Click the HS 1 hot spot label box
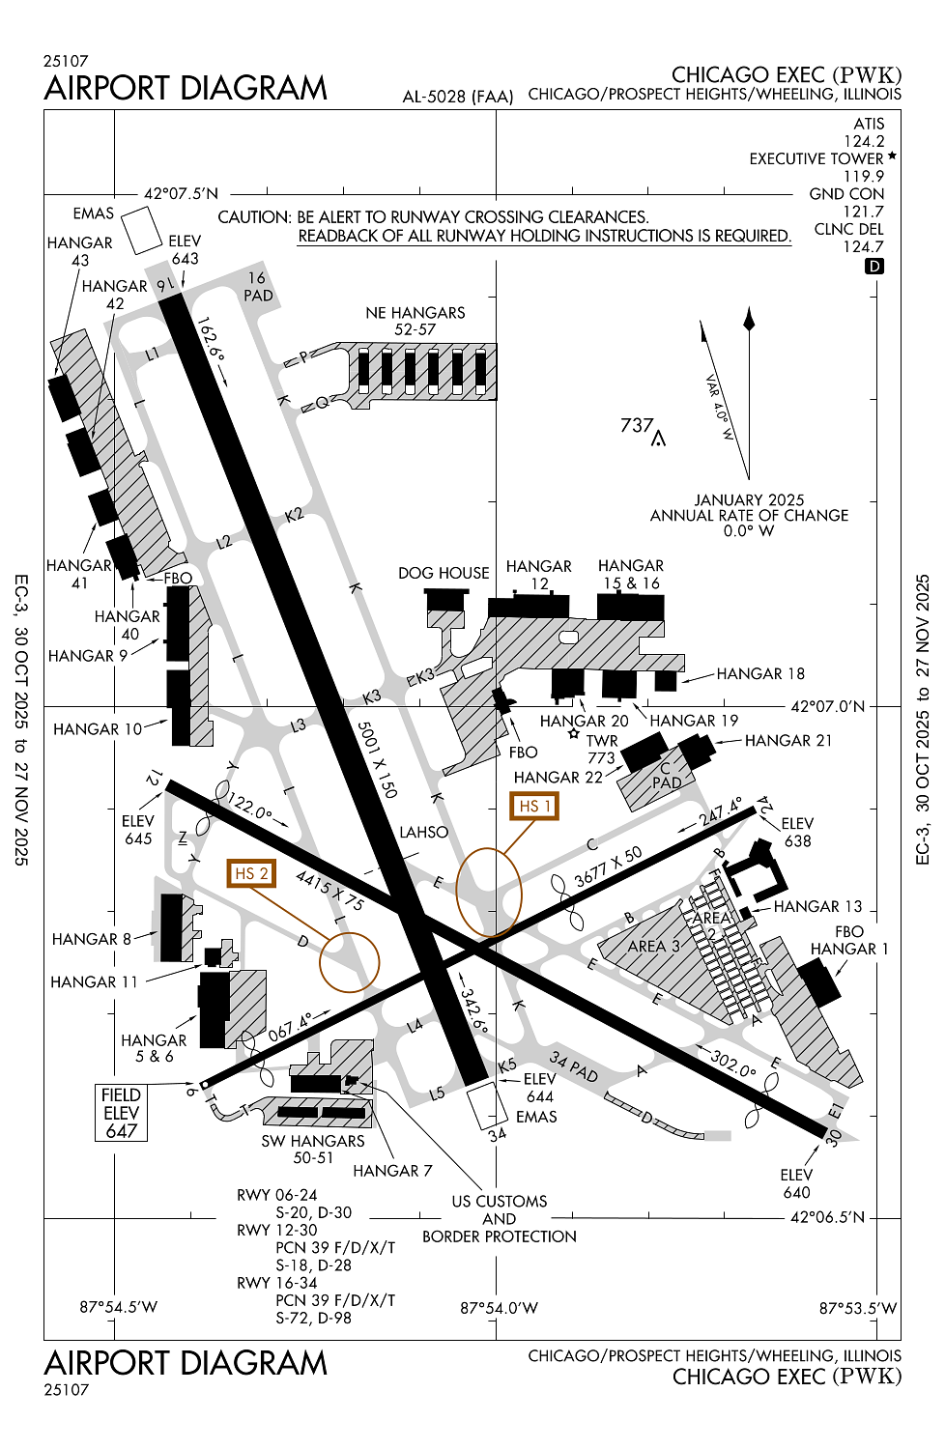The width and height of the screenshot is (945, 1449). coord(534,806)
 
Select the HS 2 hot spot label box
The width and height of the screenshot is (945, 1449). coord(250,873)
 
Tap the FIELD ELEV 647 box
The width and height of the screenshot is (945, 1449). coord(122,1113)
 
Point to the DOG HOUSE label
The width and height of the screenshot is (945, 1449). coord(444,573)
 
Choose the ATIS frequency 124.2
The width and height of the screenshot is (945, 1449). coord(864,141)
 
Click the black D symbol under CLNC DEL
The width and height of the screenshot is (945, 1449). coord(874,266)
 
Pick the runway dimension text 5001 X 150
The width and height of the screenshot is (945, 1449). coord(377,759)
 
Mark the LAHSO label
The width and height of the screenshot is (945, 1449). coord(424,832)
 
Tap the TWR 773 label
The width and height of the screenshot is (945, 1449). coord(601,750)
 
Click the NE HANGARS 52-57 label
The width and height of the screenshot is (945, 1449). coord(415,321)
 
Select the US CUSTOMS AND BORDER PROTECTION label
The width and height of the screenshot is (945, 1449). coord(500,1219)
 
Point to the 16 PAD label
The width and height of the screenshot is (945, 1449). coord(258,287)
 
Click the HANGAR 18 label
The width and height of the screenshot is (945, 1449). coord(760,673)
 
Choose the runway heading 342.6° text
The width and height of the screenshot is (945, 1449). coord(473,1009)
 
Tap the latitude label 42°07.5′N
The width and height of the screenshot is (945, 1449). coord(181,193)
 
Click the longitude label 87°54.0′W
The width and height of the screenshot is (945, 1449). coord(499,1308)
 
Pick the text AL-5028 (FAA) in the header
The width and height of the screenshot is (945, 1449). coord(458,97)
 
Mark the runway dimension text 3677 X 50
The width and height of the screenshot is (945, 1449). coord(608,867)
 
